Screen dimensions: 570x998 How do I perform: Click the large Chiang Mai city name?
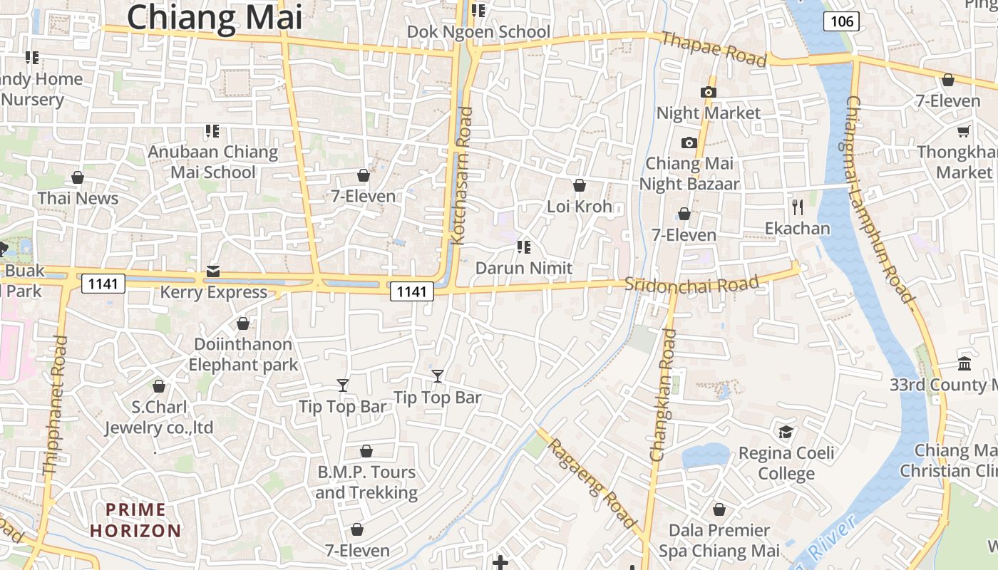point(215,17)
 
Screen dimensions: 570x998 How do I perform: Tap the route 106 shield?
point(841,21)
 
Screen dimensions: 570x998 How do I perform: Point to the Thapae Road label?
point(714,49)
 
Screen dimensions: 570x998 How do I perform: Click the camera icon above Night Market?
point(708,92)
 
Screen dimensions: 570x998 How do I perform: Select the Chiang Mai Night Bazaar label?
point(689,174)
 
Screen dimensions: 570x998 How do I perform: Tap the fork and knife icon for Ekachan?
point(798,207)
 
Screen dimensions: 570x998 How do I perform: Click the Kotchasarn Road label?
point(462,176)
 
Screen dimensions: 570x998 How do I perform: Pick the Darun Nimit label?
point(524,268)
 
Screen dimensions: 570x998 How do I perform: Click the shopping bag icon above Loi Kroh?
point(579,185)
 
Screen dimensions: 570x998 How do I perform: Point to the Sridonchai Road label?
point(691,284)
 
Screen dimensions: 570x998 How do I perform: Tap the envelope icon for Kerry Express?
point(213,271)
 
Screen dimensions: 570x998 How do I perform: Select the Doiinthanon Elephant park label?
point(243,354)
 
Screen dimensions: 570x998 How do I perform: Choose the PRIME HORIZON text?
point(136,520)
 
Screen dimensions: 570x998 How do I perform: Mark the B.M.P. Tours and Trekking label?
point(366,482)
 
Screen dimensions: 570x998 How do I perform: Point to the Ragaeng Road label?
point(592,484)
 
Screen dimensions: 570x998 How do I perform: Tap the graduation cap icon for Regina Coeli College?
point(786,432)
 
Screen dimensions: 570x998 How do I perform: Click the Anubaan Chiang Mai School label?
point(212,162)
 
